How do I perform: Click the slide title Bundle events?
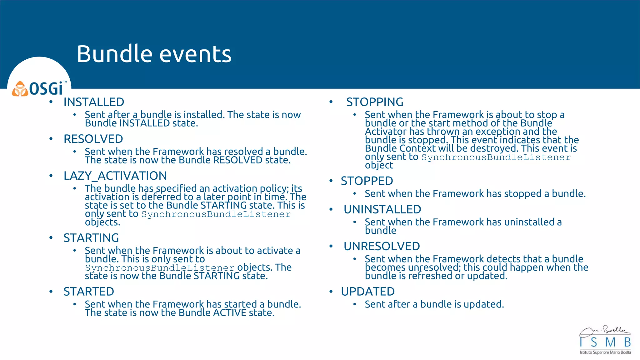point(154,54)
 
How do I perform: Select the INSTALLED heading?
point(94,102)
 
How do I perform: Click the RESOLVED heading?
point(93,139)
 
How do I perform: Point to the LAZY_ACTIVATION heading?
point(115,176)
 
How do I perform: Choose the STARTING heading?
point(91,238)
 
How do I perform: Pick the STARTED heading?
point(89,292)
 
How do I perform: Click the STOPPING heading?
point(375,102)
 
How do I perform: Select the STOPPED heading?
point(367,181)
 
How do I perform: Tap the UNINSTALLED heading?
point(382,210)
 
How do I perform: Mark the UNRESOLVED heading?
point(382,247)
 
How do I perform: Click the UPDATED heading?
point(367,292)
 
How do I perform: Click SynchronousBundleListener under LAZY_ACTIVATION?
point(216,214)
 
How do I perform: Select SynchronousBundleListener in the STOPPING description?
point(496,157)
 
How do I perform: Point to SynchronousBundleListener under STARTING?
point(160,268)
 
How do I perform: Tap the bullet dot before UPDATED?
point(331,292)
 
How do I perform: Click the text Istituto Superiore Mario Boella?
point(605,352)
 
